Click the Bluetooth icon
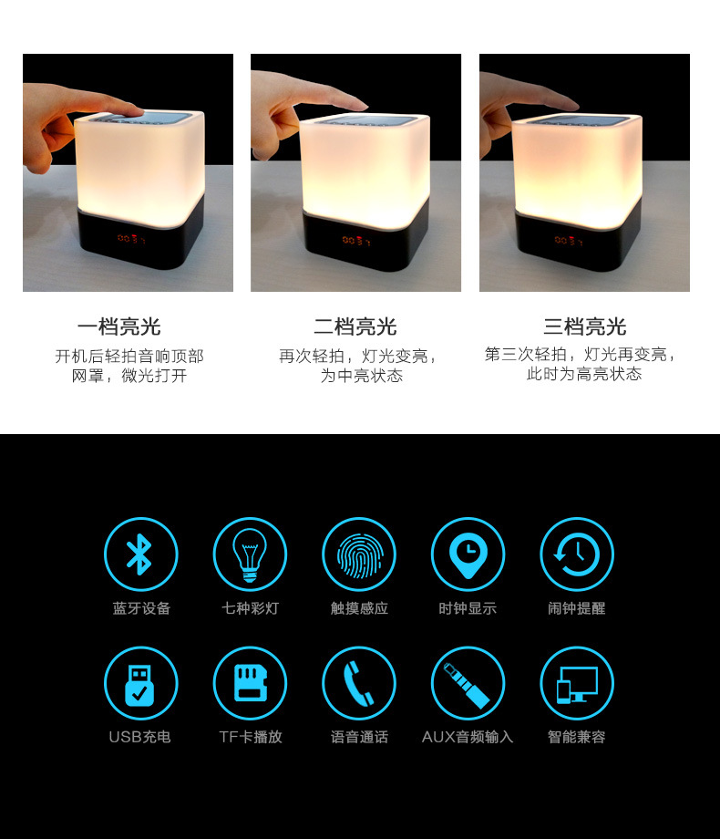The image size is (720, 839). point(140,554)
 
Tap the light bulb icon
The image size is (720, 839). point(250,554)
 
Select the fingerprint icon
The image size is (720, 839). point(359,554)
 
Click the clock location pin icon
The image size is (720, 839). point(468,554)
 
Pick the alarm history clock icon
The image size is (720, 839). point(577,554)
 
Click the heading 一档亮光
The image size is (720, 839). point(118,326)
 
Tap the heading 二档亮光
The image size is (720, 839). point(355,326)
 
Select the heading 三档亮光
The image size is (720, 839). point(585,326)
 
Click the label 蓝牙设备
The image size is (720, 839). point(141,608)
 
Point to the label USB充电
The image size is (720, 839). point(139,737)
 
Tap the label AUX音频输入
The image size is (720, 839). point(468,737)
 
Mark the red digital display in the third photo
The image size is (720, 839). point(569,241)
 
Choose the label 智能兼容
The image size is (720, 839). point(577,737)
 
